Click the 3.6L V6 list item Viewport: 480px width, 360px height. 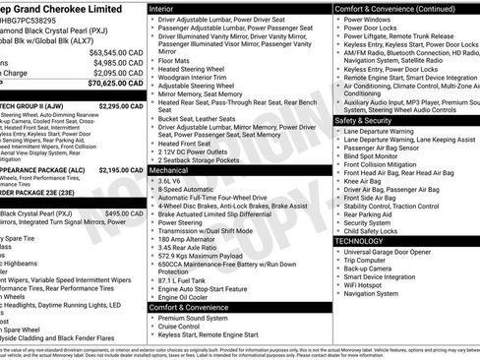click(x=171, y=181)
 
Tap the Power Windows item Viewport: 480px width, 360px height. click(x=371, y=19)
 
